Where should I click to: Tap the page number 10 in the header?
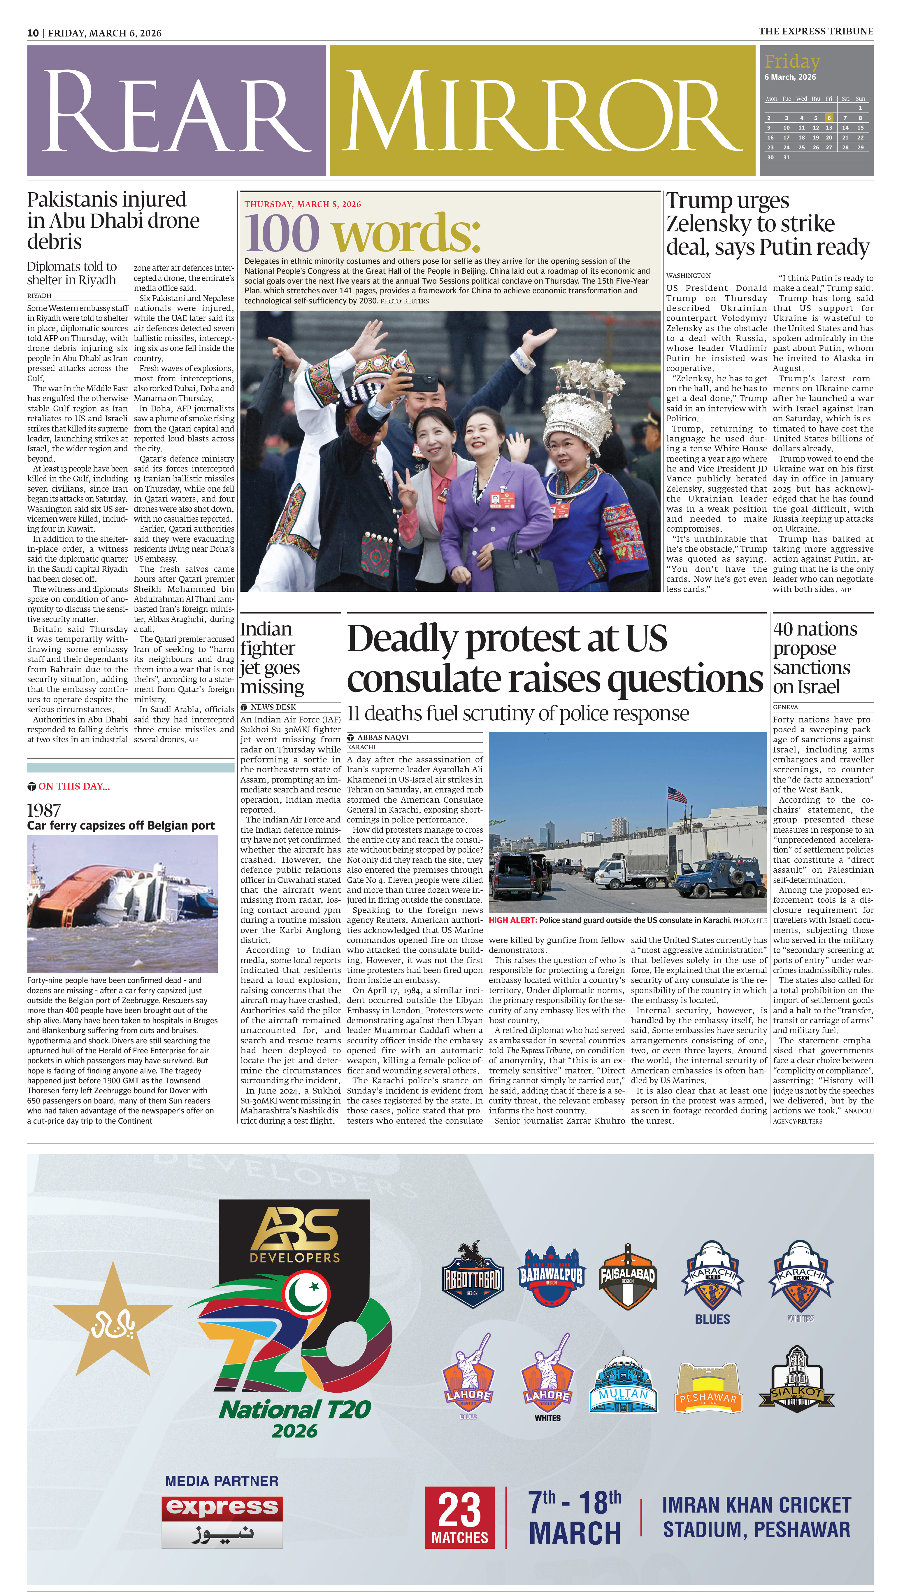coord(33,33)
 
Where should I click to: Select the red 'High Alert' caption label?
coord(513,920)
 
